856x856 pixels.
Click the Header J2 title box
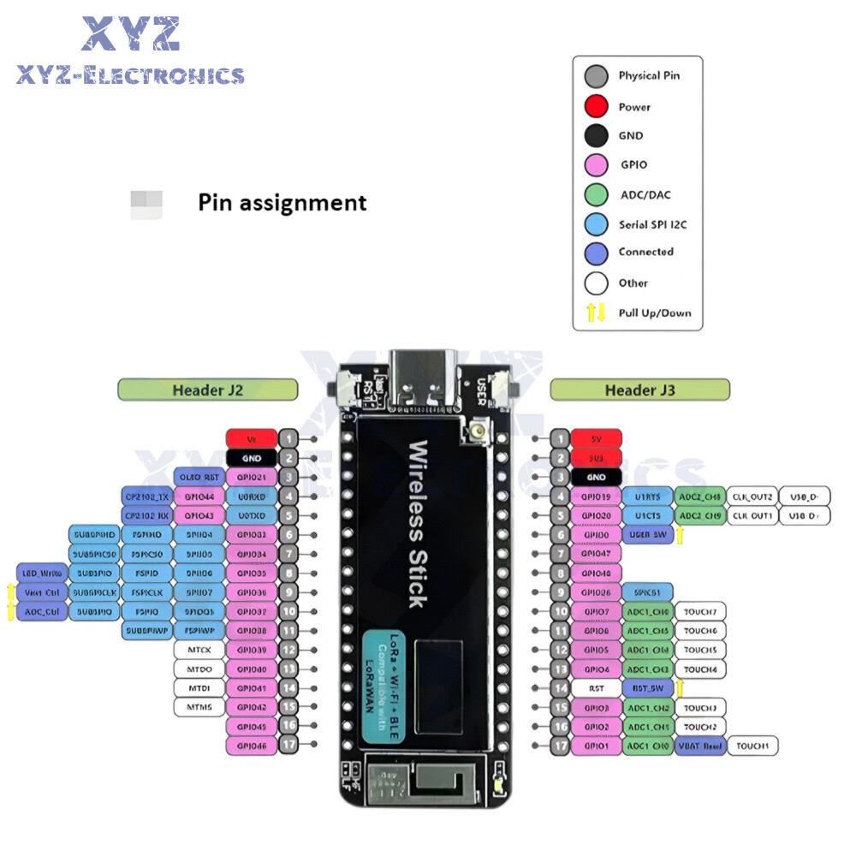(x=208, y=390)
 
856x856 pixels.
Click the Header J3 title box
(x=640, y=390)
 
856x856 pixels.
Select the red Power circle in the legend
(x=596, y=107)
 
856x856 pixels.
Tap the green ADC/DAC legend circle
(x=596, y=194)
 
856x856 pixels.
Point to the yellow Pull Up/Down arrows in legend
(x=596, y=312)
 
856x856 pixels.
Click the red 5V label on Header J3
(x=596, y=438)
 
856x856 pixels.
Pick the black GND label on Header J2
(x=252, y=458)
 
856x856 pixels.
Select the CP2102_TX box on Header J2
(x=148, y=496)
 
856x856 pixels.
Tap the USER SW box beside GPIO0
(x=648, y=535)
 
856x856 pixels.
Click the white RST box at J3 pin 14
(x=596, y=687)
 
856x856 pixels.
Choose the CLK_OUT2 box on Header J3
(x=752, y=496)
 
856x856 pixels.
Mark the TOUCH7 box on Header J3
(x=701, y=611)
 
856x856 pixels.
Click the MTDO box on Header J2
(x=199, y=669)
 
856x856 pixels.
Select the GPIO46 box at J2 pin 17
(x=252, y=746)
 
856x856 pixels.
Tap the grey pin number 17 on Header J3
(x=559, y=746)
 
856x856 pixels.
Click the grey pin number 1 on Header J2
(x=289, y=438)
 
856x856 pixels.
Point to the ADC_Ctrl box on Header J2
(x=41, y=611)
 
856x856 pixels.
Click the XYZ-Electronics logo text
(x=130, y=76)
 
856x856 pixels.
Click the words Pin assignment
(x=282, y=203)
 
